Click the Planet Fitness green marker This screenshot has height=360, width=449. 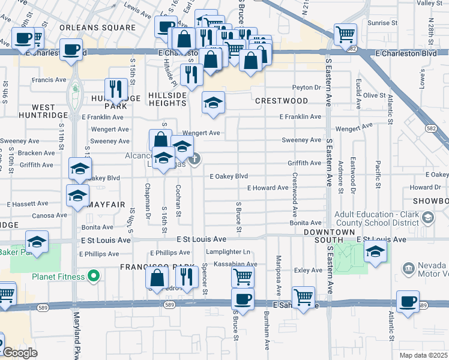(x=93, y=276)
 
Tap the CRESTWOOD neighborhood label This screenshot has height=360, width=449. (x=282, y=101)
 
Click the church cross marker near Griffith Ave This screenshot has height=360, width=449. (x=194, y=159)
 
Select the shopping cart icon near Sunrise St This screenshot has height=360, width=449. (x=345, y=34)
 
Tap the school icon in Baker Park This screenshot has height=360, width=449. (x=37, y=242)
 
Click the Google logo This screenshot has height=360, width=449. (x=20, y=353)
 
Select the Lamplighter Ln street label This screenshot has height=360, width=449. (x=228, y=252)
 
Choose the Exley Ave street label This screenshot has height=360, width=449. (x=309, y=271)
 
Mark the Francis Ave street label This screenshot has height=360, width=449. (x=49, y=80)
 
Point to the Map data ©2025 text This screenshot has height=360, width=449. (x=423, y=355)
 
